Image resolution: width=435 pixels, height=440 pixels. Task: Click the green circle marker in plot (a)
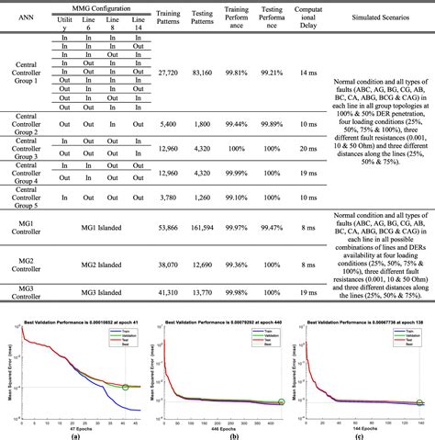coord(125,387)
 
